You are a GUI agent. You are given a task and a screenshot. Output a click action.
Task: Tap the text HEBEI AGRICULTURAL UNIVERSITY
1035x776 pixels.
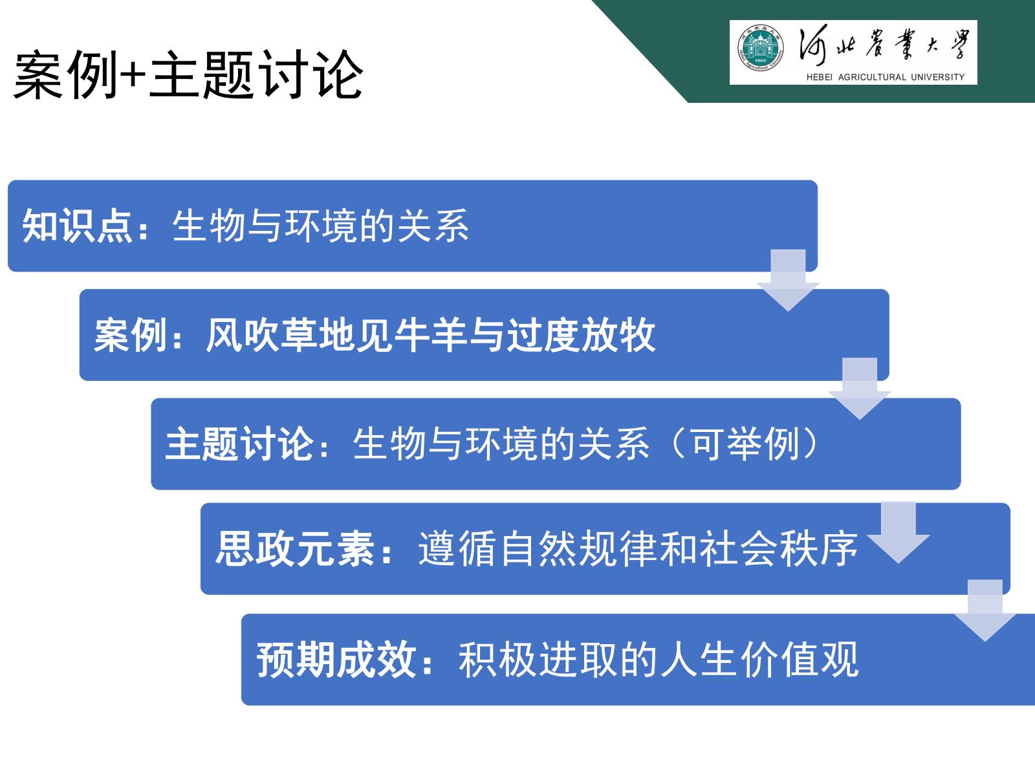click(885, 77)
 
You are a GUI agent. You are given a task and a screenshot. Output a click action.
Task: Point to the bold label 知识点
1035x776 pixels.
click(77, 226)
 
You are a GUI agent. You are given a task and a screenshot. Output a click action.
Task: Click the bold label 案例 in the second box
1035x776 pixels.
click(131, 335)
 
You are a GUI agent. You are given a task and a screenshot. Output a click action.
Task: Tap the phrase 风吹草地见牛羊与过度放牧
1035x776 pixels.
click(431, 335)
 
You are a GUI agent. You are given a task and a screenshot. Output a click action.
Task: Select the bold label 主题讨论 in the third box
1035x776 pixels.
click(239, 444)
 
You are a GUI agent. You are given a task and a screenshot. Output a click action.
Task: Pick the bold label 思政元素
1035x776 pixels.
click(295, 548)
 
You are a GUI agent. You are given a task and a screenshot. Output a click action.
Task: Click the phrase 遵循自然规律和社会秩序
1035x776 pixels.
click(638, 548)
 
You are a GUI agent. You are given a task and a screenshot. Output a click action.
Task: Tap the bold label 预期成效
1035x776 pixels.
click(336, 660)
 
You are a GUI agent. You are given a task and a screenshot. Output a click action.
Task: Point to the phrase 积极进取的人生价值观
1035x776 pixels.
click(659, 660)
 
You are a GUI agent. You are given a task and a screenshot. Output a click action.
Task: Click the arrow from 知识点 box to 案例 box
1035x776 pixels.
click(788, 281)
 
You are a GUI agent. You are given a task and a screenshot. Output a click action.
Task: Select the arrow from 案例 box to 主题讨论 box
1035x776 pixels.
click(860, 389)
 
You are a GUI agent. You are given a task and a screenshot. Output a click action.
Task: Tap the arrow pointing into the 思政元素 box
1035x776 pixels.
click(899, 533)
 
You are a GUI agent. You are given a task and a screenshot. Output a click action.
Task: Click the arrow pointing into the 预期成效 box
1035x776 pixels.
click(985, 610)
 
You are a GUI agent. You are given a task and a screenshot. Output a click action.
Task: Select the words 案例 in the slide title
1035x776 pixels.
click(65, 75)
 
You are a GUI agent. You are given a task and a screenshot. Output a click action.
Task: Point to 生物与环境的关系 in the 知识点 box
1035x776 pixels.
click(321, 226)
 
